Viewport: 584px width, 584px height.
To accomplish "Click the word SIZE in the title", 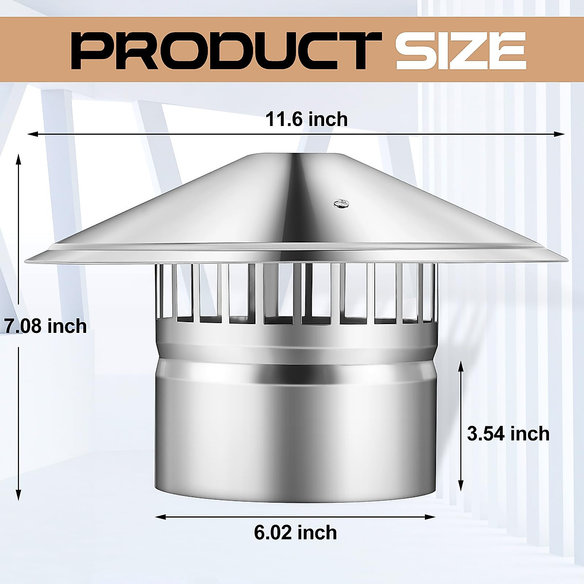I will click(460, 50).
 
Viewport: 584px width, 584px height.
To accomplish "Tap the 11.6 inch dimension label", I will click(307, 119).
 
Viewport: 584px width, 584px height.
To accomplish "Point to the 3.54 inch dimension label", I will click(508, 433).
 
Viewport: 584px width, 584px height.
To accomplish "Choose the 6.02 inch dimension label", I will click(295, 532).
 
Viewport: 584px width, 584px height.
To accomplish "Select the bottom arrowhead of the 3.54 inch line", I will click(461, 486).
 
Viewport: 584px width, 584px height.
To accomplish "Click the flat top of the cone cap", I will click(297, 155).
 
